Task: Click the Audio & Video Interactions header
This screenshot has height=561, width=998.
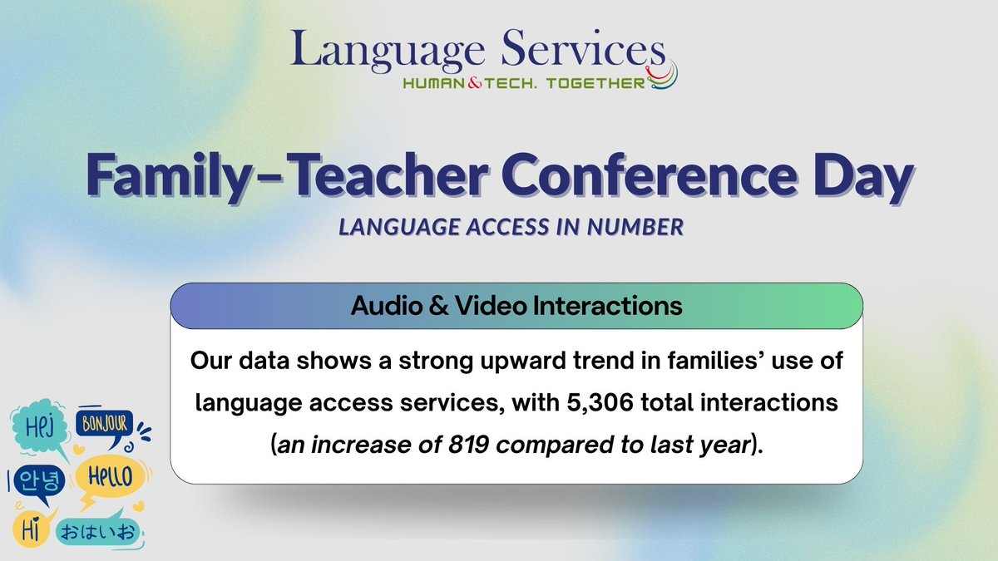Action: [x=516, y=306]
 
